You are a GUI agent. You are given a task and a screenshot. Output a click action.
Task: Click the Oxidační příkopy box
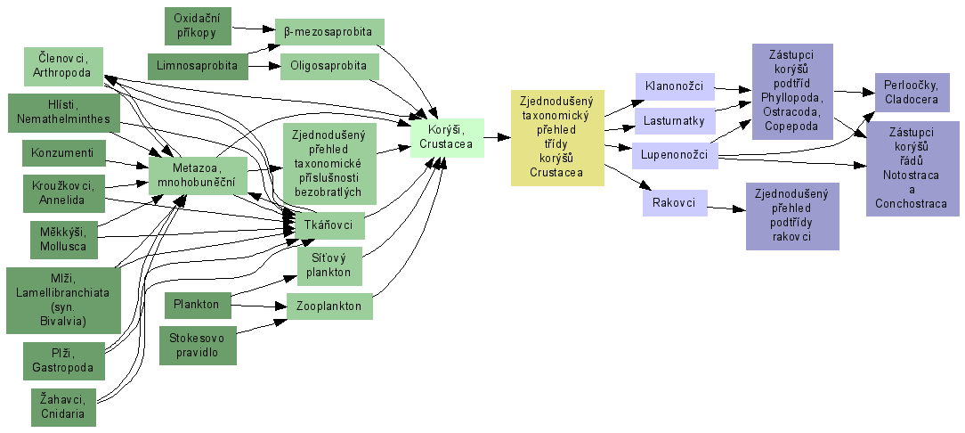click(198, 26)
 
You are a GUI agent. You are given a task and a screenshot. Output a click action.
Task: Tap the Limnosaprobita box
click(198, 66)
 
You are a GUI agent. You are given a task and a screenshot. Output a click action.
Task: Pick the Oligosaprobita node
click(329, 67)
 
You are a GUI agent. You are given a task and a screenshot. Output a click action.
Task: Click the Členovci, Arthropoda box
click(62, 66)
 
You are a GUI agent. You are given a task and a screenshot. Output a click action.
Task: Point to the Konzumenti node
click(63, 152)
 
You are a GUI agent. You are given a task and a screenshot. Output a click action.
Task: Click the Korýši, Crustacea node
click(446, 138)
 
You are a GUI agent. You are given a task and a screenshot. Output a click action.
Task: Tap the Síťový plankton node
click(329, 266)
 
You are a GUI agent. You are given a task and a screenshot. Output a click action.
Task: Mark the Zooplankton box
click(328, 306)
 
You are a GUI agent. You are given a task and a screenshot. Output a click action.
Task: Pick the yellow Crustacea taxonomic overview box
click(557, 138)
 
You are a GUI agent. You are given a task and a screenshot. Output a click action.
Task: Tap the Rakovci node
click(674, 203)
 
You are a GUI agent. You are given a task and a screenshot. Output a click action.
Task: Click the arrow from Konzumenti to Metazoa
click(126, 163)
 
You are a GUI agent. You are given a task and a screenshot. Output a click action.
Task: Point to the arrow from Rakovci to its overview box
click(726, 208)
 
